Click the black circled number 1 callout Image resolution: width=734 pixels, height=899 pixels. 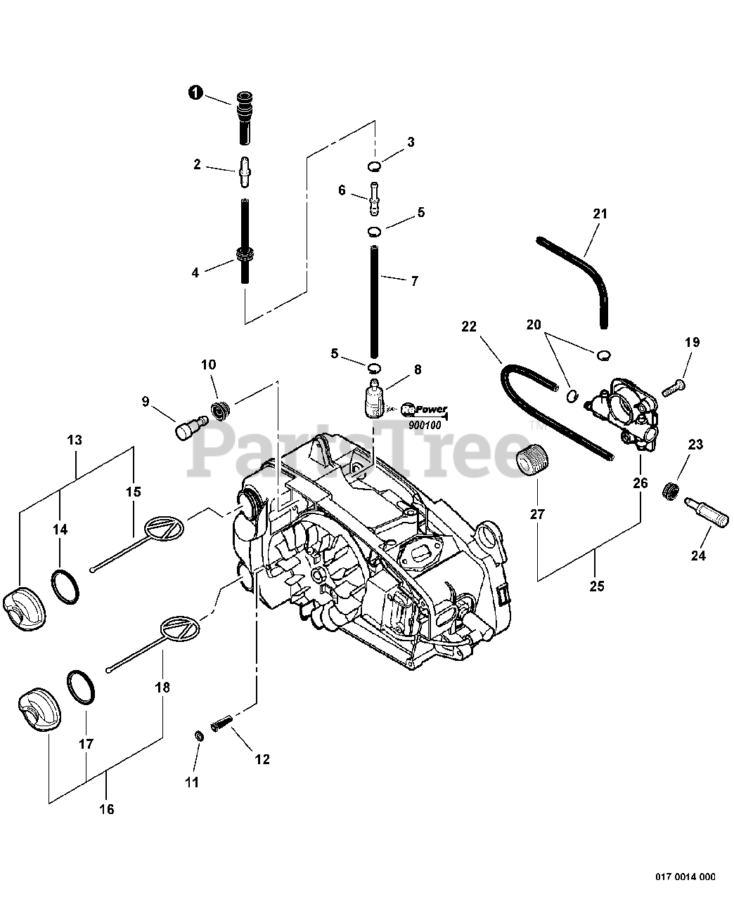pyautogui.click(x=195, y=93)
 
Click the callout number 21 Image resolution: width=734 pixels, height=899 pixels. pyautogui.click(x=599, y=214)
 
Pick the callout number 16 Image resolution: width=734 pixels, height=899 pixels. pyautogui.click(x=106, y=809)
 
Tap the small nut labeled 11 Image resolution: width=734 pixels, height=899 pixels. pyautogui.click(x=199, y=735)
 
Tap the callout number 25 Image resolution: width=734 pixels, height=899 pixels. pyautogui.click(x=596, y=586)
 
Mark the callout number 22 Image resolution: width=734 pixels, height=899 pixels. pyautogui.click(x=469, y=327)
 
